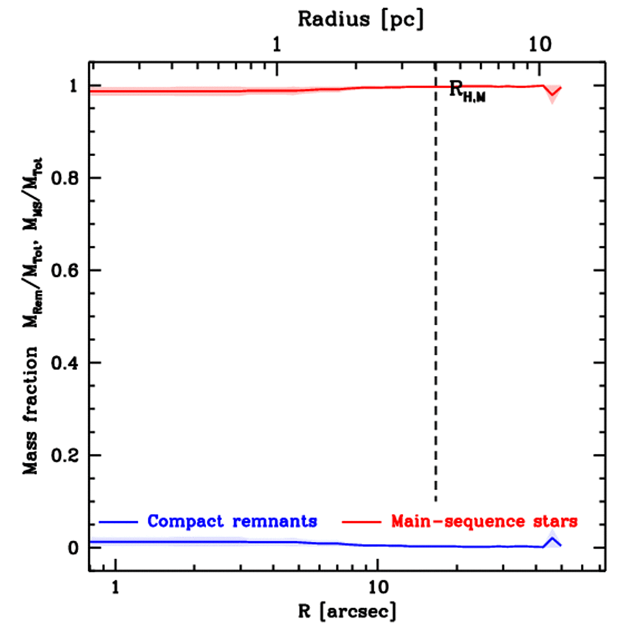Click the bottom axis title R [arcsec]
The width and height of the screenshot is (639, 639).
pos(348,611)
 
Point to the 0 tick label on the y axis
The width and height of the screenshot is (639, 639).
pos(73,548)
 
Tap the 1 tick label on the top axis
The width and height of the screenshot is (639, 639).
pos(277,45)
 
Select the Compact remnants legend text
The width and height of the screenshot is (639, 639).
pos(232,520)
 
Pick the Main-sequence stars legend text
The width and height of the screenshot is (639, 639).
pos(484,520)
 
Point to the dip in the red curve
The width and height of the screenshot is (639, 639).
pos(552,95)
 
